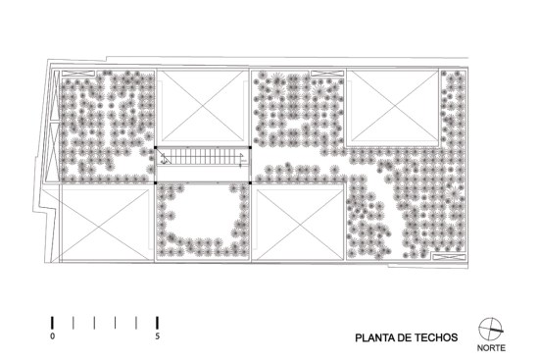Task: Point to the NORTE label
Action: click(x=491, y=348)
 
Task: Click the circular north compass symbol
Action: click(x=491, y=329)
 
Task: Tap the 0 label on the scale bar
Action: click(x=52, y=335)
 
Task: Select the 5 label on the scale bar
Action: click(x=158, y=335)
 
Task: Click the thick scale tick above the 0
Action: click(x=52, y=323)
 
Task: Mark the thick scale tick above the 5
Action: click(x=158, y=323)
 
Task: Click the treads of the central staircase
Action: click(x=203, y=157)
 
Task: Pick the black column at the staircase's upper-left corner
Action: click(x=155, y=147)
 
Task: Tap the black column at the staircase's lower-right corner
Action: click(x=250, y=182)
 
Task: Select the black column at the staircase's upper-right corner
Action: click(x=250, y=147)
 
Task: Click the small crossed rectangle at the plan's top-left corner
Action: click(x=78, y=74)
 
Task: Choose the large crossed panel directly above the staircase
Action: click(x=203, y=106)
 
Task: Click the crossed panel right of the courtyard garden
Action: click(x=300, y=224)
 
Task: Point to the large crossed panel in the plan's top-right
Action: click(x=394, y=106)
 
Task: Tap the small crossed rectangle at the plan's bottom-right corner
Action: click(x=449, y=257)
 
